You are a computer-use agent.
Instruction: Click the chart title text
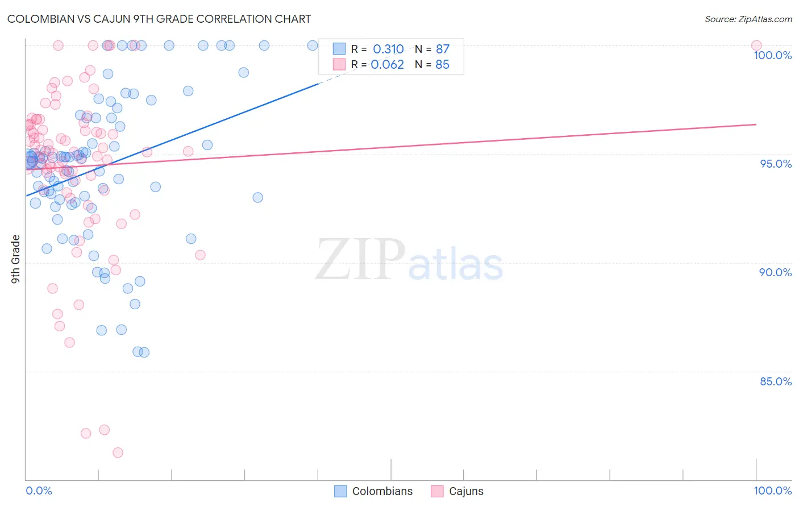[x=159, y=19]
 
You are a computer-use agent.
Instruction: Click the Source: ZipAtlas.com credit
[x=748, y=19]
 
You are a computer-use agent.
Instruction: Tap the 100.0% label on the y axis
[x=772, y=55]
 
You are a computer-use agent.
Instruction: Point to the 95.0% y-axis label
[x=776, y=164]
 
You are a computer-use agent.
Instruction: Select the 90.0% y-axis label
[x=776, y=272]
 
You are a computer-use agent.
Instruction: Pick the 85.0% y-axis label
[x=776, y=381]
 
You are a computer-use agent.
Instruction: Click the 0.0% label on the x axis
[x=39, y=491]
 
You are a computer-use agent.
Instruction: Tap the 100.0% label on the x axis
[x=772, y=491]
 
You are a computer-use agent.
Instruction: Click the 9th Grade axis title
[x=16, y=259]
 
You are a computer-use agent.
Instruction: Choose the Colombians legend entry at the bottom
[x=382, y=491]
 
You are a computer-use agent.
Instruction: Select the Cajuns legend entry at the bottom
[x=466, y=491]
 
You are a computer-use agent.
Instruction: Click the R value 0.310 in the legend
[x=388, y=49]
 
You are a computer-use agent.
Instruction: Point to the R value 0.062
[x=387, y=65]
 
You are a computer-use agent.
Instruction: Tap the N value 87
[x=443, y=49]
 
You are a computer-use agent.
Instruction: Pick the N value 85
[x=442, y=65]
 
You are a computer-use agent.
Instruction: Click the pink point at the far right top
[x=756, y=45]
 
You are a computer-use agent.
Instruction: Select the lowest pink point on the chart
[x=118, y=452]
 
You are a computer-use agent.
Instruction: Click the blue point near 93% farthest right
[x=257, y=197]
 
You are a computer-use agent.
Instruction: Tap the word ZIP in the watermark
[x=360, y=260]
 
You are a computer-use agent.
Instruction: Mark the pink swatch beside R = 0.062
[x=339, y=64]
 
